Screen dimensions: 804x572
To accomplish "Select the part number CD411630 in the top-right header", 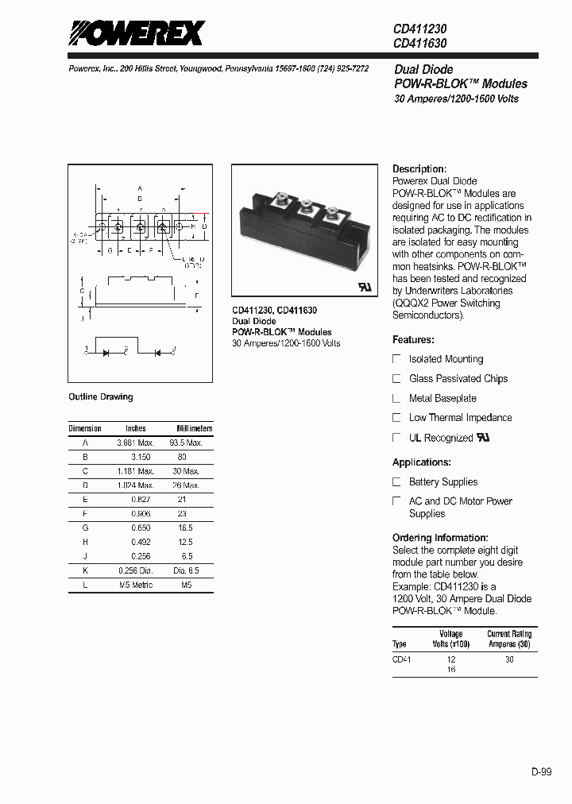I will pos(419,43).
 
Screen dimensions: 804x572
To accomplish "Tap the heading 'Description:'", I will pos(419,169).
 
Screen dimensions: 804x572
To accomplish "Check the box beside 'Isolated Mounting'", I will pos(397,359).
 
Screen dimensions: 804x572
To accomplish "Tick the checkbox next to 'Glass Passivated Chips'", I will pos(397,379).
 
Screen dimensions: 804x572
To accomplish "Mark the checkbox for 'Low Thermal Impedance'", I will pos(397,418).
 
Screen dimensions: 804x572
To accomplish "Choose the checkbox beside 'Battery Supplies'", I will pos(397,482).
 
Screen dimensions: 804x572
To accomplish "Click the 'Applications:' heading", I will pos(422,462).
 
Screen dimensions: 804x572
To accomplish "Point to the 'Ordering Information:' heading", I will pos(440,538).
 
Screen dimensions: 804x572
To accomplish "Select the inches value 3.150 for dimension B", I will pos(141,457).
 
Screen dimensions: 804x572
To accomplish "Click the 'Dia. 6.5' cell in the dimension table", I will pos(186,570).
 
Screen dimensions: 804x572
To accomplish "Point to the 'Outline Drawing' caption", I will pos(101,396).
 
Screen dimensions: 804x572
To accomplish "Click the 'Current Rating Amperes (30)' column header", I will pos(509,640).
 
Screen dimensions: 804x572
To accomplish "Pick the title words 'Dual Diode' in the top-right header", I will pos(423,70).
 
